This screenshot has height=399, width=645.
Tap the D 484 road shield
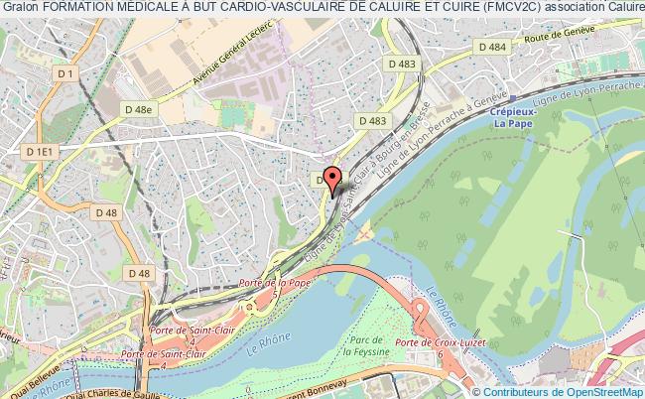(x=490, y=47)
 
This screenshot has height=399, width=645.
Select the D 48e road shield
(x=139, y=109)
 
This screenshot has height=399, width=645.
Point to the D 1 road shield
(x=66, y=73)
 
